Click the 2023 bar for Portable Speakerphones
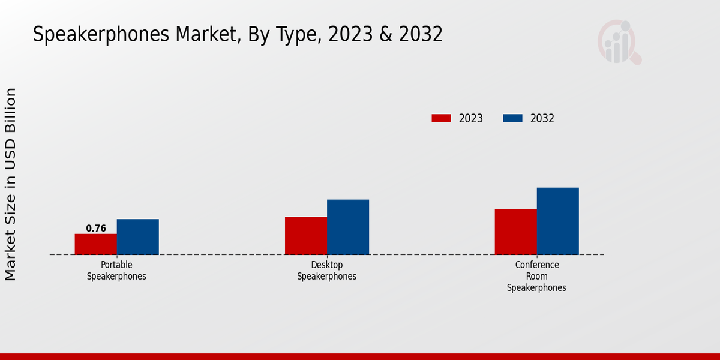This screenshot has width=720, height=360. click(x=96, y=244)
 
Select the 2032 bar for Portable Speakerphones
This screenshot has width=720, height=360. click(x=138, y=237)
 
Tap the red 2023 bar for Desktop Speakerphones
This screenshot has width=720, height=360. click(x=306, y=236)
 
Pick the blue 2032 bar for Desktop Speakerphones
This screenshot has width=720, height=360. click(x=348, y=227)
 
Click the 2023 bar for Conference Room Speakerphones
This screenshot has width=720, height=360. click(x=516, y=232)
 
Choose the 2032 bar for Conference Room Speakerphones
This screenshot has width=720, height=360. click(x=558, y=221)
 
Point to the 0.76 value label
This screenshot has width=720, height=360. click(x=96, y=229)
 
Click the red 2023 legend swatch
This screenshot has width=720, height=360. click(x=441, y=118)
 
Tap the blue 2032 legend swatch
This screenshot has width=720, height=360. click(x=512, y=118)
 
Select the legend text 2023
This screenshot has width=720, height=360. click(x=471, y=118)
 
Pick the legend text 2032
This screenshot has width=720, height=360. click(x=542, y=118)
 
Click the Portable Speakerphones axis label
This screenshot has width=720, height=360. click(x=116, y=271)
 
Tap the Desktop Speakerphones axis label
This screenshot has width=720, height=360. click(x=327, y=271)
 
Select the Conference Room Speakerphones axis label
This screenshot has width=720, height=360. click(x=536, y=276)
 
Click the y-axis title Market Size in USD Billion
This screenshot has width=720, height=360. click(x=11, y=184)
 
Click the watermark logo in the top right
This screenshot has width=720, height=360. click(x=619, y=42)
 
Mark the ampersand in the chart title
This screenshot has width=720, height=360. click(x=386, y=35)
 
